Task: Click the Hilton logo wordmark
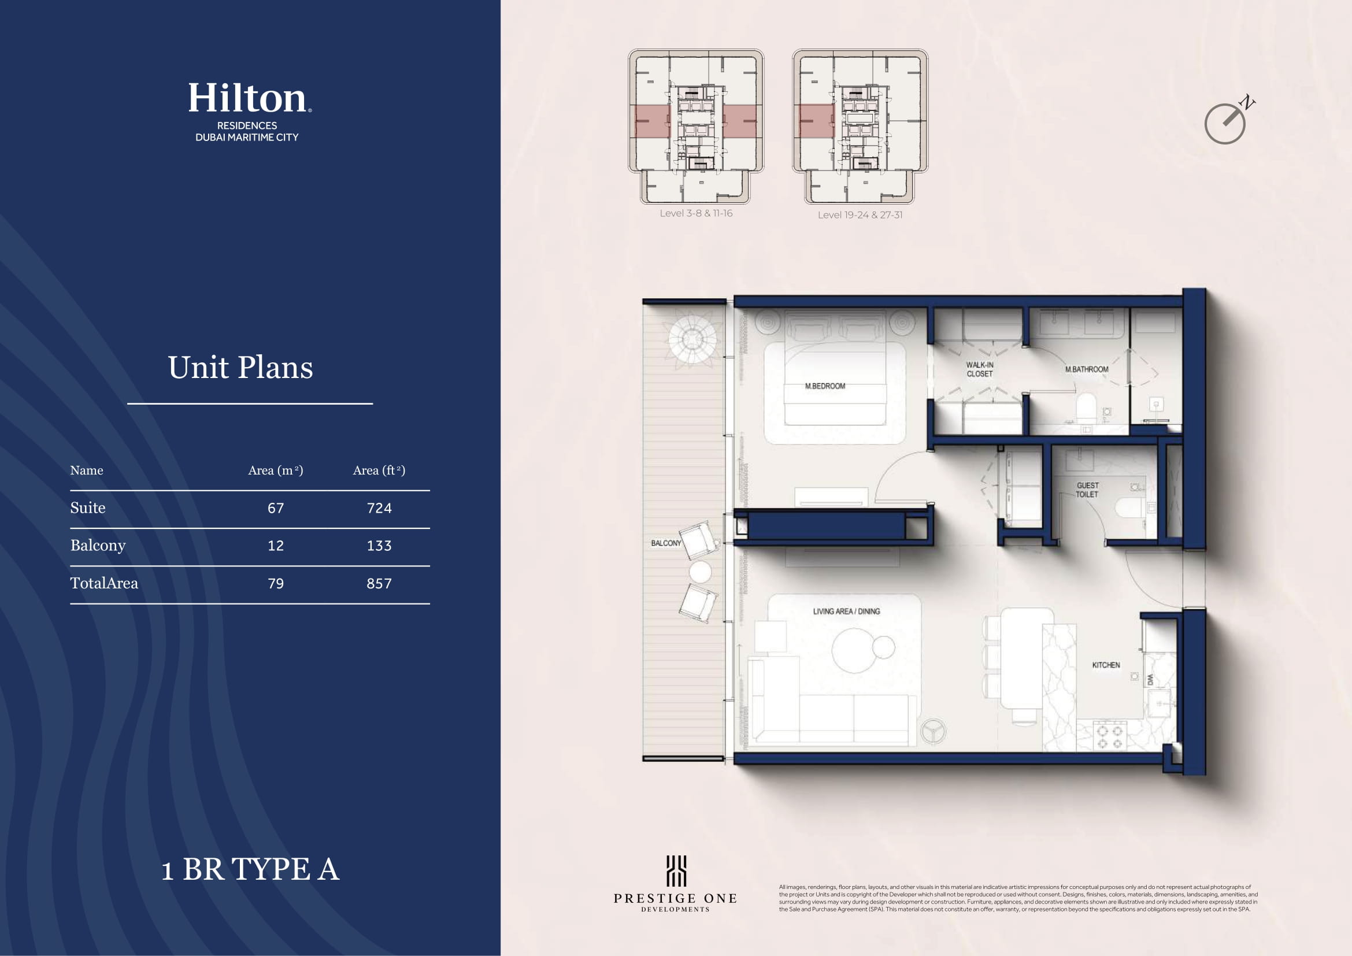250,98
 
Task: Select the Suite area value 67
276,508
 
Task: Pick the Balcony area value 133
379,546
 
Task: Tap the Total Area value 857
379,583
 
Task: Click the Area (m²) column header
276,470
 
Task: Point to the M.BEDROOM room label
825,386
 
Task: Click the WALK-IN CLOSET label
980,369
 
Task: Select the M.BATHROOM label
1087,369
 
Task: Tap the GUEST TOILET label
1088,490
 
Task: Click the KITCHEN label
1106,665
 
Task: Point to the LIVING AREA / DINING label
846,612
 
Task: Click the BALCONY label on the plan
666,543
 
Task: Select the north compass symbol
1228,121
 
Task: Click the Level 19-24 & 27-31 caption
860,215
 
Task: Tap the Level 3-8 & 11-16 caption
696,213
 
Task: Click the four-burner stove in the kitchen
1109,736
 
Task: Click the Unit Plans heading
240,368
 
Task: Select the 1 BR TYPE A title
250,869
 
